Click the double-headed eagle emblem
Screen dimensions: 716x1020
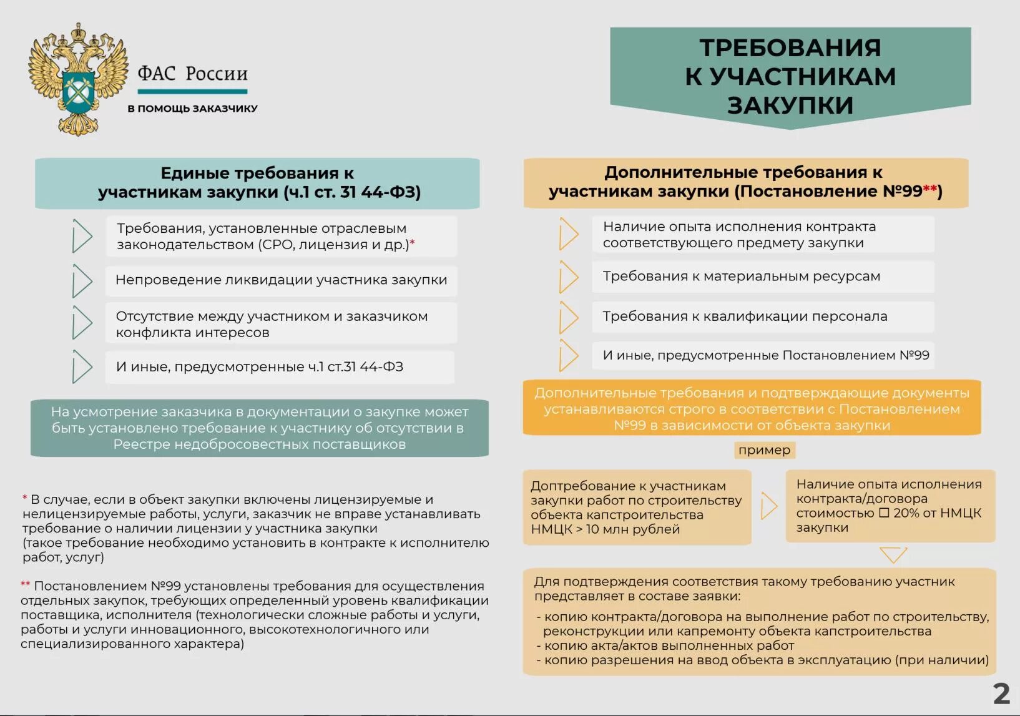[77, 80]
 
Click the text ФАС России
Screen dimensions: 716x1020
[192, 74]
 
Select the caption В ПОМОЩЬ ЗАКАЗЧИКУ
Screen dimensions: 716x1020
[192, 109]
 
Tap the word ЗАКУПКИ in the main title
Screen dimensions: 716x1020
[790, 105]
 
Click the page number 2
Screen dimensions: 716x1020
[1001, 694]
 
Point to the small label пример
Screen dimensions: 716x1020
[764, 450]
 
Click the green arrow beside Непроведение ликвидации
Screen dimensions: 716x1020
[82, 281]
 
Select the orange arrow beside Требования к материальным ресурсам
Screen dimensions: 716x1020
[568, 277]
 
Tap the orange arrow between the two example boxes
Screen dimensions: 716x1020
[768, 506]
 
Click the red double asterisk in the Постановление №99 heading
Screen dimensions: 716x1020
[930, 189]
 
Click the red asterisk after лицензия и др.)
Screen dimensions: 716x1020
[412, 242]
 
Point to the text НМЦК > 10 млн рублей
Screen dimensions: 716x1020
[605, 529]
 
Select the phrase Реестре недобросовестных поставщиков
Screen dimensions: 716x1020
[259, 444]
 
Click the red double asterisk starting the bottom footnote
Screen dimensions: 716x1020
[25, 585]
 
